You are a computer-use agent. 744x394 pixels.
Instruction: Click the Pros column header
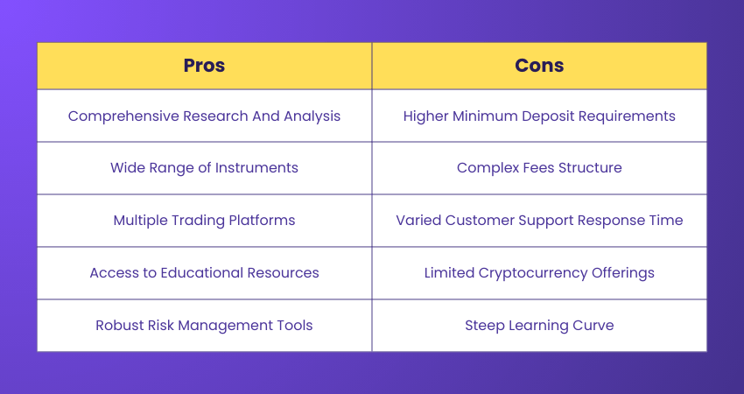tap(204, 66)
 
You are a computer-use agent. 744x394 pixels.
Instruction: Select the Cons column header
tap(539, 66)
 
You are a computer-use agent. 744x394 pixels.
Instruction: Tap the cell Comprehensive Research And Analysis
tap(204, 116)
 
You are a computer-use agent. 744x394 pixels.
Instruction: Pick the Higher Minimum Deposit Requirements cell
tap(539, 116)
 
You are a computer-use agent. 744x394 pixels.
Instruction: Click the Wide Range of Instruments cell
tap(204, 168)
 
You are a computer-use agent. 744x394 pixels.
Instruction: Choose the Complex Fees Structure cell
tap(539, 168)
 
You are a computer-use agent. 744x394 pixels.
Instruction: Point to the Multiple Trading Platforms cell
tap(204, 221)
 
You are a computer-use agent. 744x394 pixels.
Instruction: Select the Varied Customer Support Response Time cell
tap(539, 221)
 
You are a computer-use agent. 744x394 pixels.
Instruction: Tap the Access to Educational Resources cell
tap(204, 273)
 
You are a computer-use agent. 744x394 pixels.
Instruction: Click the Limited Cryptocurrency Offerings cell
tap(539, 273)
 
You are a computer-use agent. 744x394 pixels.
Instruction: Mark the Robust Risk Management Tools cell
tap(204, 326)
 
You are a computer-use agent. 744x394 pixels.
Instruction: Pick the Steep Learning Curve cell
tap(539, 326)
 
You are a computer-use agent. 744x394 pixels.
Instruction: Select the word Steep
tap(484, 326)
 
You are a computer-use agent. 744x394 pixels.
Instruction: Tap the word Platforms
tap(261, 221)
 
